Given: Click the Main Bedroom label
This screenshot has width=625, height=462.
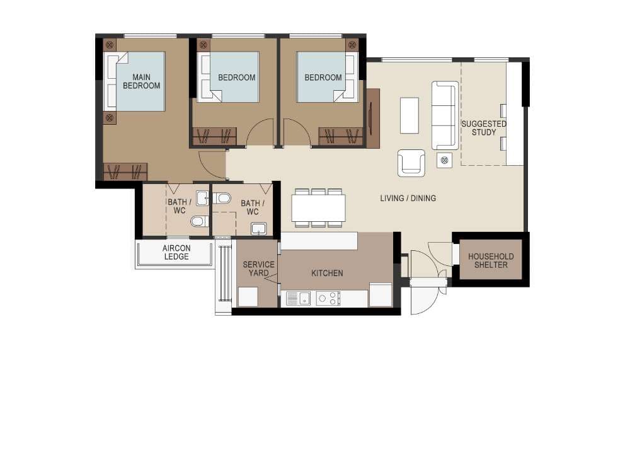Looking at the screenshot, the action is pyautogui.click(x=142, y=81).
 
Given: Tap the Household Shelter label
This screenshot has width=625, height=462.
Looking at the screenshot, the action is pyautogui.click(x=491, y=260).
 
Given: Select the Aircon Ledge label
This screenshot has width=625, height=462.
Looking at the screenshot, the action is pyautogui.click(x=176, y=252).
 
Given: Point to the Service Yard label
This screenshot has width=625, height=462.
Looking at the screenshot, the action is pyautogui.click(x=258, y=269).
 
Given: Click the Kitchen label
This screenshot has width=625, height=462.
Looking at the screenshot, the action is pyautogui.click(x=327, y=273).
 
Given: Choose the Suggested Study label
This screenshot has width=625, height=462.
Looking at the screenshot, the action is pyautogui.click(x=483, y=128).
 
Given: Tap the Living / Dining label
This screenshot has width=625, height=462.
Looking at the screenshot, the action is pyautogui.click(x=408, y=198).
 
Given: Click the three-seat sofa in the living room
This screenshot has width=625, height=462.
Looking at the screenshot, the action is pyautogui.click(x=445, y=115).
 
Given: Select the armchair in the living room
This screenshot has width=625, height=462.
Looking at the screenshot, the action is pyautogui.click(x=411, y=163).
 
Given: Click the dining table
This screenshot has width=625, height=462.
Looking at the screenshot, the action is pyautogui.click(x=318, y=208).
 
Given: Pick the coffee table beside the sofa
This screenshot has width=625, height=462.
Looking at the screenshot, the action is pyautogui.click(x=410, y=115).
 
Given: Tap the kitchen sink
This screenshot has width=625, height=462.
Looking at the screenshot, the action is pyautogui.click(x=299, y=298).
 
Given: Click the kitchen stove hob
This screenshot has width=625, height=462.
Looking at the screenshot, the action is pyautogui.click(x=328, y=298).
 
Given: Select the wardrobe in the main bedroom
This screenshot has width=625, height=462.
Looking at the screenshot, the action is pyautogui.click(x=125, y=172).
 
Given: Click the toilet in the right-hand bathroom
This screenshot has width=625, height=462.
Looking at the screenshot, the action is pyautogui.click(x=222, y=198).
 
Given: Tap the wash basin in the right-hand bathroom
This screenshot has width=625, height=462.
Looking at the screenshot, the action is pyautogui.click(x=258, y=229).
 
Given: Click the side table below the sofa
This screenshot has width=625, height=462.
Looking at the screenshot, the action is pyautogui.click(x=444, y=160).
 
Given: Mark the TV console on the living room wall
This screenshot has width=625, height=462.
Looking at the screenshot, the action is pyautogui.click(x=373, y=118).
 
